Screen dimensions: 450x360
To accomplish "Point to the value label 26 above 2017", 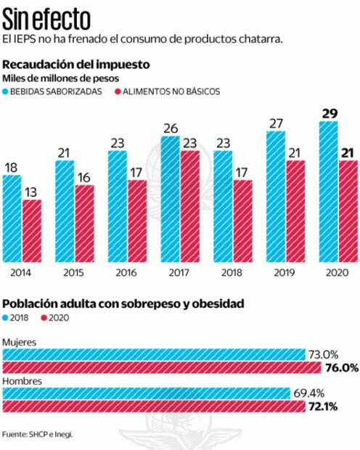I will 171,128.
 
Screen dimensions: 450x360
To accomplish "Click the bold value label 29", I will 328,113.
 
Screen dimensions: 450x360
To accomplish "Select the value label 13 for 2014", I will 32,192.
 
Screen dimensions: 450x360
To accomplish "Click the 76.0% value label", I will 342,368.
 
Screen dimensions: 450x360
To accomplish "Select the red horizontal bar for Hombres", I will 153,406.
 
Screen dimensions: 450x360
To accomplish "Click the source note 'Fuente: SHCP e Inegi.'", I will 38,435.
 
